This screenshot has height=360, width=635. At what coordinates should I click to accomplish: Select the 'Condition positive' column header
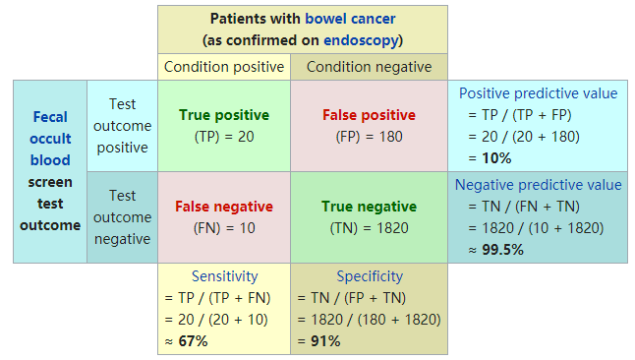pos(224,67)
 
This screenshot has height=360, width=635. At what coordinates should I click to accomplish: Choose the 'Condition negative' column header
pos(369,67)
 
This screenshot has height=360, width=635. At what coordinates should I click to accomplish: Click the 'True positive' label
pos(224,115)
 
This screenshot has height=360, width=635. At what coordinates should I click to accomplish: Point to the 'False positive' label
pos(369,115)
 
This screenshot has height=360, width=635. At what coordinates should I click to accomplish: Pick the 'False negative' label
pos(224,207)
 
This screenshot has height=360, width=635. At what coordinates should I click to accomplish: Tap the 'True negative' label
pos(369,207)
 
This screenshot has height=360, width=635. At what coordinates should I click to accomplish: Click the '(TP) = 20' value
pos(224,136)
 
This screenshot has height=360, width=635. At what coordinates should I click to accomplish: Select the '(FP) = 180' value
pos(369,136)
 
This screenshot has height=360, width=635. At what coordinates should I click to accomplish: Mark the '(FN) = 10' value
pos(224,227)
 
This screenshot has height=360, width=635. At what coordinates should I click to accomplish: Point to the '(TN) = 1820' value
pos(369,227)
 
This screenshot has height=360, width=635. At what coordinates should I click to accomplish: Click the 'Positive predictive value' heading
pos(539,93)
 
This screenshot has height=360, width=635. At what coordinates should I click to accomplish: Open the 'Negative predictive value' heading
pos(538,185)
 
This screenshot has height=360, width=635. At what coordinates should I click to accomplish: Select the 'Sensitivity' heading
pos(224,276)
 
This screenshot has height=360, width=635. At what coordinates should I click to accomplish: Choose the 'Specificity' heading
pos(370,276)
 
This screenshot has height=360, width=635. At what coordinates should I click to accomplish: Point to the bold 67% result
pos(192,341)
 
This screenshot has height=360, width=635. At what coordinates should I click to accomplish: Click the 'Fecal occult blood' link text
pos(50,139)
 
